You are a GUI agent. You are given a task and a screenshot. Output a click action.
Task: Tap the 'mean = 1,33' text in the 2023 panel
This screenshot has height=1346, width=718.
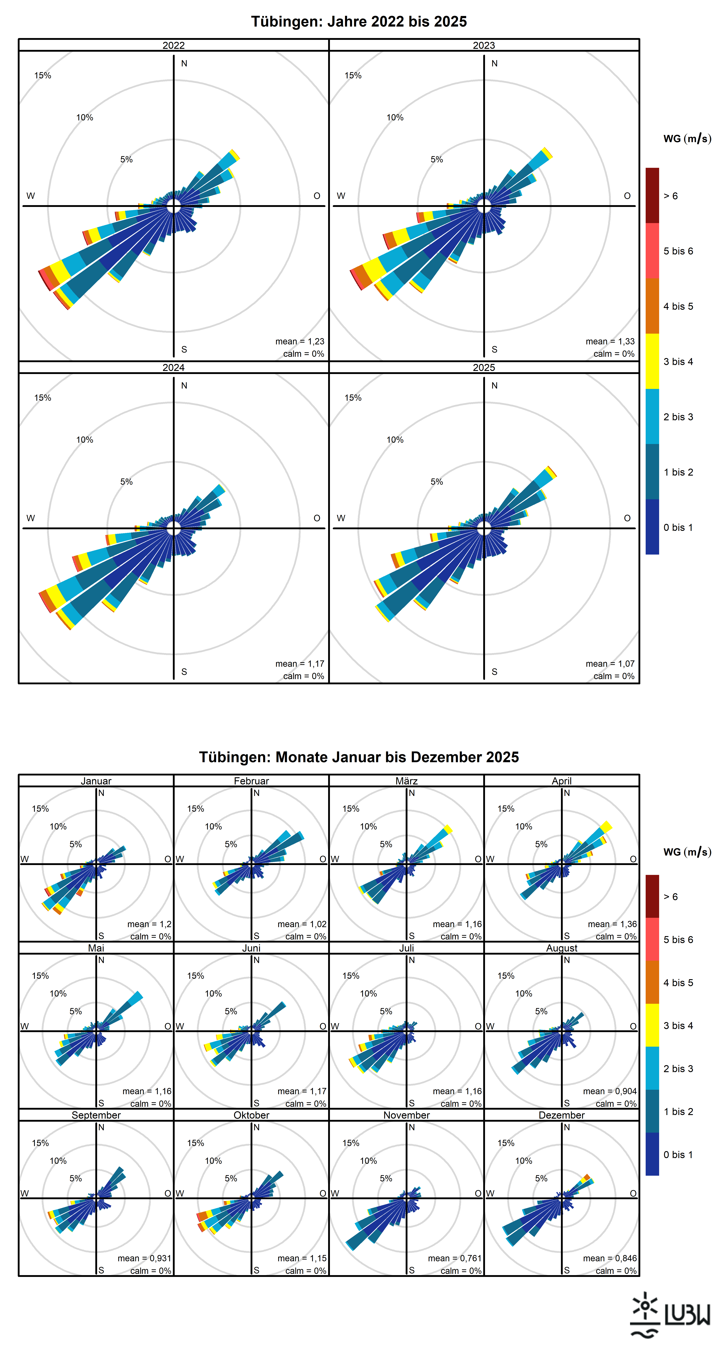click(610, 341)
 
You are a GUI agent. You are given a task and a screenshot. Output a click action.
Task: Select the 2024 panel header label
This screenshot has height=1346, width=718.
click(174, 367)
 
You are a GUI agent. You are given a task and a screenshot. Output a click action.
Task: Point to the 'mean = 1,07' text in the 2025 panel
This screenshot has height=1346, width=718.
click(610, 664)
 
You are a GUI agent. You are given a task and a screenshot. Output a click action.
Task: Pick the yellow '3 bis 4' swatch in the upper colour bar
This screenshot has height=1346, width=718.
click(652, 361)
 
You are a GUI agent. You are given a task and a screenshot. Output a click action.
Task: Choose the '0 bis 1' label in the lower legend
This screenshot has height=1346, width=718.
click(678, 1154)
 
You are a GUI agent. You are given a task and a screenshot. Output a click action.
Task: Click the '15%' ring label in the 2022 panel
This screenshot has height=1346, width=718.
click(43, 75)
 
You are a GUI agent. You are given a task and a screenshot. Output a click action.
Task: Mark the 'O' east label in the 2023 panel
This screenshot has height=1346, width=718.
click(627, 196)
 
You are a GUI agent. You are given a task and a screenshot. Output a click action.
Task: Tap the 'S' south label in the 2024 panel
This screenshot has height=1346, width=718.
click(184, 671)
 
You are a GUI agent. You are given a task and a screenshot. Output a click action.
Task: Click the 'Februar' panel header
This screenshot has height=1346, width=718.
click(251, 781)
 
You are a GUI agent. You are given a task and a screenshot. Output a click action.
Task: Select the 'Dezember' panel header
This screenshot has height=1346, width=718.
click(562, 1114)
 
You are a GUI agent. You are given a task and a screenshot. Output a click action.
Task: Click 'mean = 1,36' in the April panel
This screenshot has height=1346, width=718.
click(612, 924)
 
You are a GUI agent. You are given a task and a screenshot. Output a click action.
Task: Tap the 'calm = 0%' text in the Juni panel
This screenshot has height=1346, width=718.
click(306, 1104)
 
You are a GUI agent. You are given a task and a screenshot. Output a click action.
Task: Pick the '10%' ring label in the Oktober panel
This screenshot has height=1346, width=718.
click(213, 1160)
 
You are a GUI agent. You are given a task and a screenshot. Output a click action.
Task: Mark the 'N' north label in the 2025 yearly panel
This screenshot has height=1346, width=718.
click(494, 386)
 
